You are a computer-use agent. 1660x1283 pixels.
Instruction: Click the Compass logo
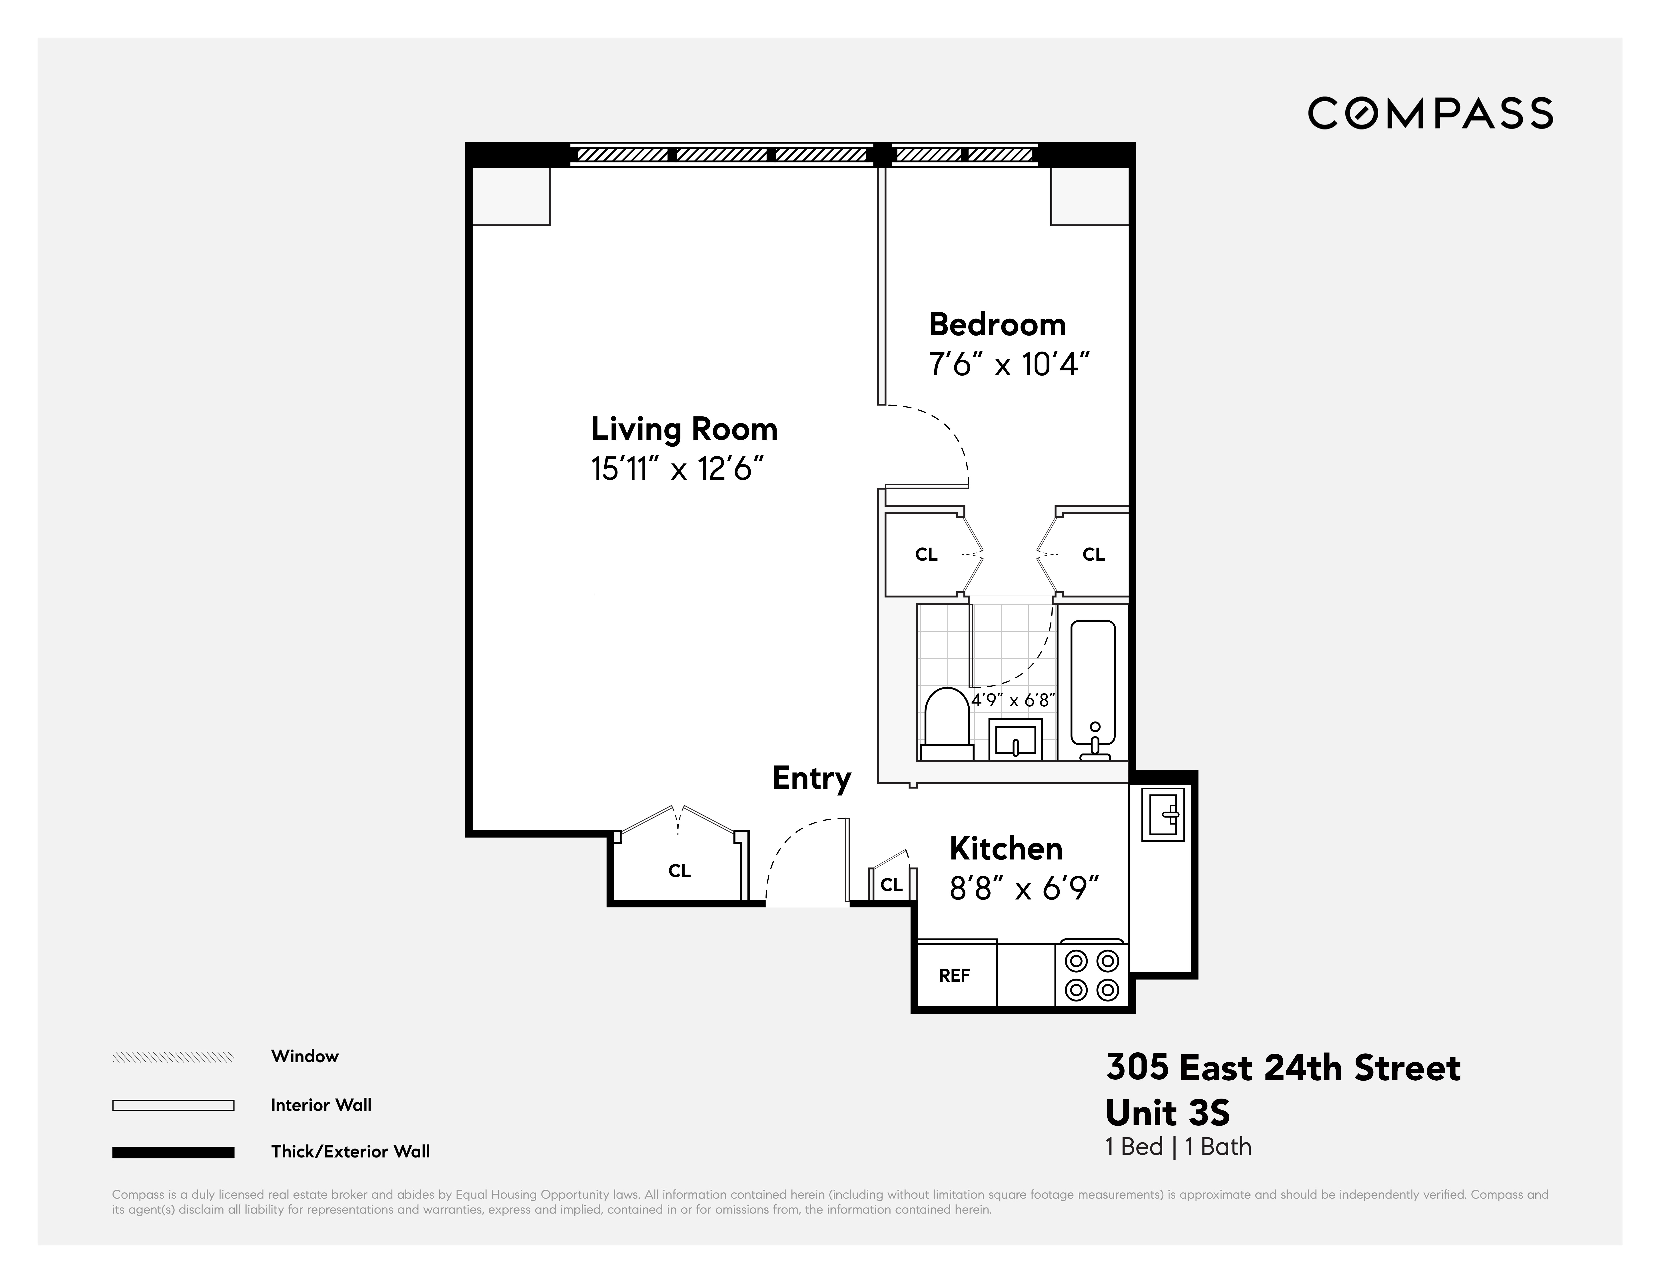tap(1430, 113)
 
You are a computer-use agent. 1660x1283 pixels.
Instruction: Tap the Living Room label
tap(684, 430)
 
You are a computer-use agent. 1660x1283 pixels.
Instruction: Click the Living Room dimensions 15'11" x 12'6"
tap(677, 469)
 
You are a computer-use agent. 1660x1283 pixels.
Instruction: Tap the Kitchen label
tap(1006, 848)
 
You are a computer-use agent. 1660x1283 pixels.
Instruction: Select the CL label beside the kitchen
tap(891, 885)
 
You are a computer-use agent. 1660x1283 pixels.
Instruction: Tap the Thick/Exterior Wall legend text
tap(350, 1151)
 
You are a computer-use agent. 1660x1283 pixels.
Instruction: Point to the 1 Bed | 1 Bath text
tap(1177, 1147)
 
